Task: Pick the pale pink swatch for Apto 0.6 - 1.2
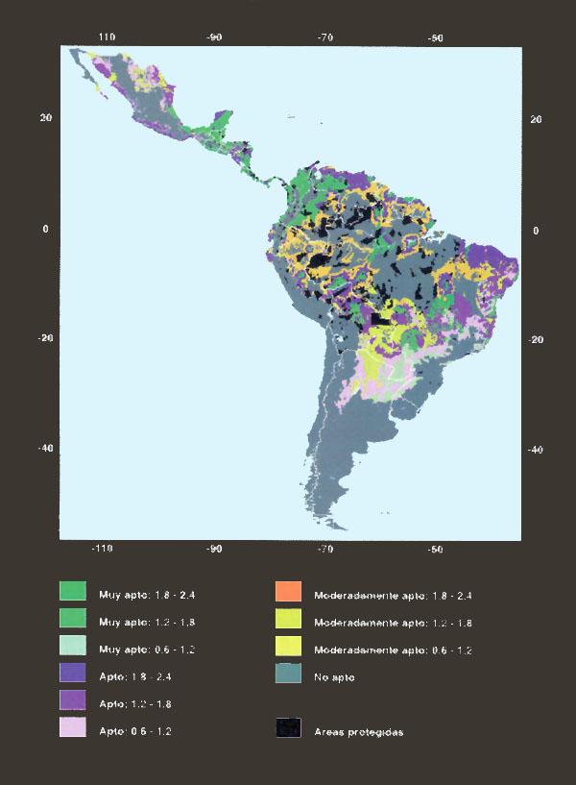[73, 729]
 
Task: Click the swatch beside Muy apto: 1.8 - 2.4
[73, 591]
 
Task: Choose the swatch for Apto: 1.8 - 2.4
[73, 674]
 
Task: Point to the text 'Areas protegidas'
[358, 732]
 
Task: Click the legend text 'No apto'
[334, 677]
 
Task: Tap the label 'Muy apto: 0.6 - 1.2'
[147, 650]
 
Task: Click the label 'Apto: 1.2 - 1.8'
[136, 704]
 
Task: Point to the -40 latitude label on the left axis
[44, 449]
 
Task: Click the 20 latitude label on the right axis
[536, 119]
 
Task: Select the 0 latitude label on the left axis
[44, 229]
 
